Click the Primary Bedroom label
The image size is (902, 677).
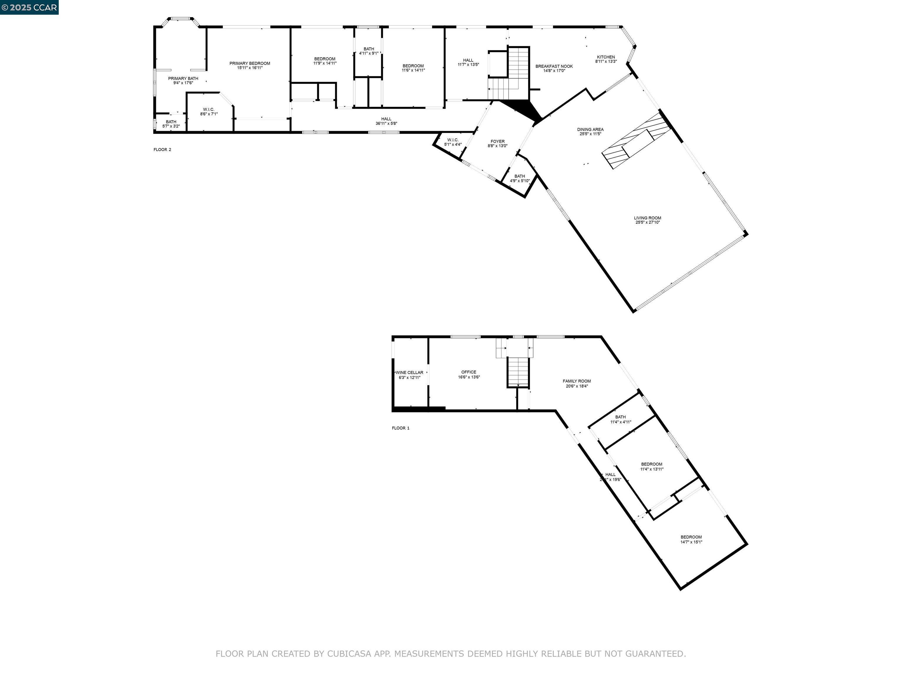click(x=250, y=63)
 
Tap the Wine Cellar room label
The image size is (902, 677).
click(x=409, y=373)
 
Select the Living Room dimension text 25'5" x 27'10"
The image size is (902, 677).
click(x=647, y=222)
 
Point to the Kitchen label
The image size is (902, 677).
click(x=606, y=57)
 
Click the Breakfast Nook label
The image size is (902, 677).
click(x=554, y=66)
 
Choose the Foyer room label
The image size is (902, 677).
click(x=497, y=141)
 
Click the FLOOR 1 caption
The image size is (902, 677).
click(x=400, y=428)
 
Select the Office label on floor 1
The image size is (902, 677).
click(x=469, y=372)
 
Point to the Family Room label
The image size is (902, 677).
click(x=577, y=381)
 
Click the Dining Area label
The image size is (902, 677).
click(x=590, y=129)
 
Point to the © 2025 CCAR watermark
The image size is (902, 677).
click(x=29, y=7)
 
